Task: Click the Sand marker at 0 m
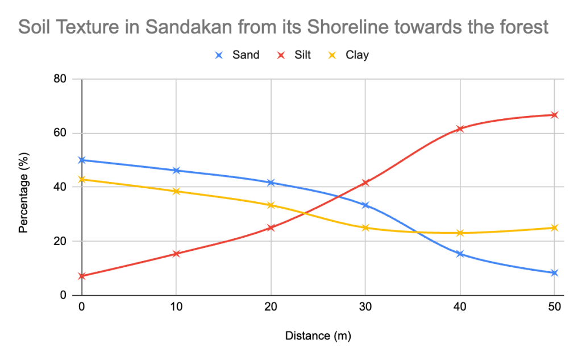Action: coord(82,160)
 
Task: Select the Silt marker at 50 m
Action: coord(554,115)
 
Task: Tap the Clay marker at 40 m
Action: coord(460,233)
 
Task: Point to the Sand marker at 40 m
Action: coord(460,254)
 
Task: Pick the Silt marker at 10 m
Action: coord(176,254)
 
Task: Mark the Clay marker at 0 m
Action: coord(82,179)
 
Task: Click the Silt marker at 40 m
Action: coord(460,129)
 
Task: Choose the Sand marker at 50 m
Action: coord(554,273)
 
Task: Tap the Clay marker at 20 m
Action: coord(271,205)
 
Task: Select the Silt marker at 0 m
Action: coord(82,276)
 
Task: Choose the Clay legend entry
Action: coord(350,55)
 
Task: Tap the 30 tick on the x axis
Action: coord(365,307)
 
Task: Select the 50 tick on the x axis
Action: coord(554,307)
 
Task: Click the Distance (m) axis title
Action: coord(318,336)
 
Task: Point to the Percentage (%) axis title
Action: coord(23,187)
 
